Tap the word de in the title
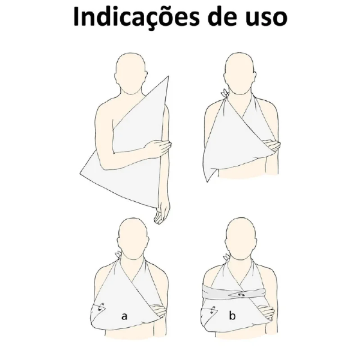222,17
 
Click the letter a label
124,316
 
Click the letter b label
232,315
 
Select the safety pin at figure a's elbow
101,307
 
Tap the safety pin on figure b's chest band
241,294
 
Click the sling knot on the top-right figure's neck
225,93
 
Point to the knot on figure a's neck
118,255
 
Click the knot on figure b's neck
227,256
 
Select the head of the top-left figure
131,73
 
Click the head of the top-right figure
240,73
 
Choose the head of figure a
132,239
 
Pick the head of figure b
240,239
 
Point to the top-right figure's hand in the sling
272,145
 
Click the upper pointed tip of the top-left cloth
168,76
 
